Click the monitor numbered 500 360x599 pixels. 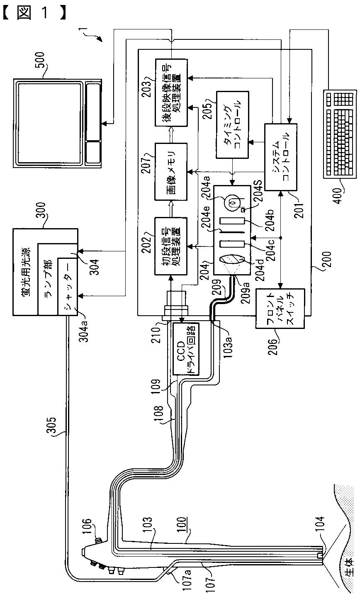57,123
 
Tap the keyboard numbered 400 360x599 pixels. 340,134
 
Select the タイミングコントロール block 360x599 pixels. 232,124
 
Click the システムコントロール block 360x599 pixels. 280,157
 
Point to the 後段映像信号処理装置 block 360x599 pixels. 171,92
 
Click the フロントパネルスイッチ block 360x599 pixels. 280,308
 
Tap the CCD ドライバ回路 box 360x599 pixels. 186,349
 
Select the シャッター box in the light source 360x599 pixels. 68,286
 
